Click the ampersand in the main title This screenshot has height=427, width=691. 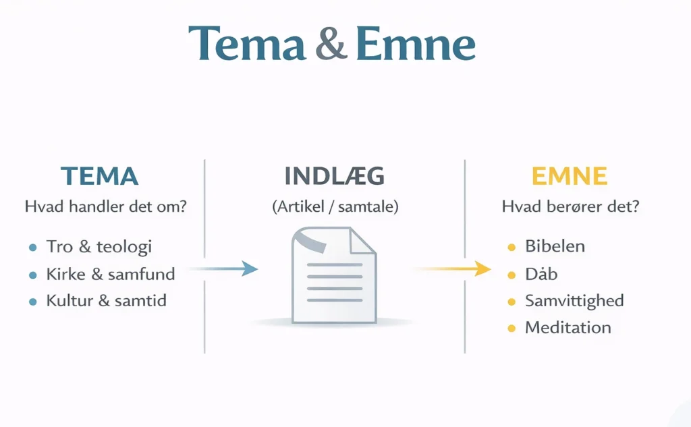pyautogui.click(x=331, y=45)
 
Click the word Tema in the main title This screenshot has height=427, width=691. pyautogui.click(x=246, y=45)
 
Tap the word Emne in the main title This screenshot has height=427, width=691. pyautogui.click(x=415, y=45)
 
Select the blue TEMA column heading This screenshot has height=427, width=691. pyautogui.click(x=100, y=176)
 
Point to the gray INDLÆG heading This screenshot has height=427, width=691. pyautogui.click(x=335, y=176)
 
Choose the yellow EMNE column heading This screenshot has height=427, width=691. pyautogui.click(x=570, y=176)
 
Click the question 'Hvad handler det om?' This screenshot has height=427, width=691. pyautogui.click(x=105, y=207)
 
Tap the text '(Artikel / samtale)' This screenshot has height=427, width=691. pyautogui.click(x=335, y=207)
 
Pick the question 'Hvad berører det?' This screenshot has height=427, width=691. pyautogui.click(x=570, y=207)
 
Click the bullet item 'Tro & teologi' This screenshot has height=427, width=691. pyautogui.click(x=99, y=246)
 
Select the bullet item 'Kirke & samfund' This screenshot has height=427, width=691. pyautogui.click(x=110, y=274)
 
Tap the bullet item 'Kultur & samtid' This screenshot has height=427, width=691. pyautogui.click(x=106, y=300)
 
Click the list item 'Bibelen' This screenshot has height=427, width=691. pyautogui.click(x=555, y=246)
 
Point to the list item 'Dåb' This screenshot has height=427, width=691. pyautogui.click(x=541, y=274)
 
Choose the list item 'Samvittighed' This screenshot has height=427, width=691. pyautogui.click(x=574, y=301)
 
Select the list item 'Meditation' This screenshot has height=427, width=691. pyautogui.click(x=568, y=328)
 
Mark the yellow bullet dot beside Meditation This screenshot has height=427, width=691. pyautogui.click(x=512, y=329)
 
